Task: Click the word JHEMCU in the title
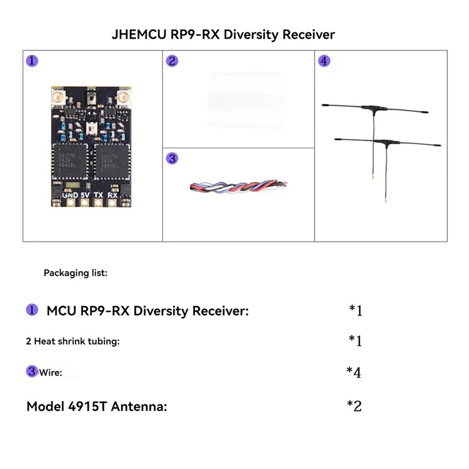pos(139,34)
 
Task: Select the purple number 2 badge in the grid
pos(172,61)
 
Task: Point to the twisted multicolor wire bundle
pos(237,187)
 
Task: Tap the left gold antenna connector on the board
pos(59,96)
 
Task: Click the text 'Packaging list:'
pos(76,273)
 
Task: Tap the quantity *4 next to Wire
pos(354,372)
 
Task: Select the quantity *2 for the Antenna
pos(354,406)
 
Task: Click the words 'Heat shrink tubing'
pos(76,341)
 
